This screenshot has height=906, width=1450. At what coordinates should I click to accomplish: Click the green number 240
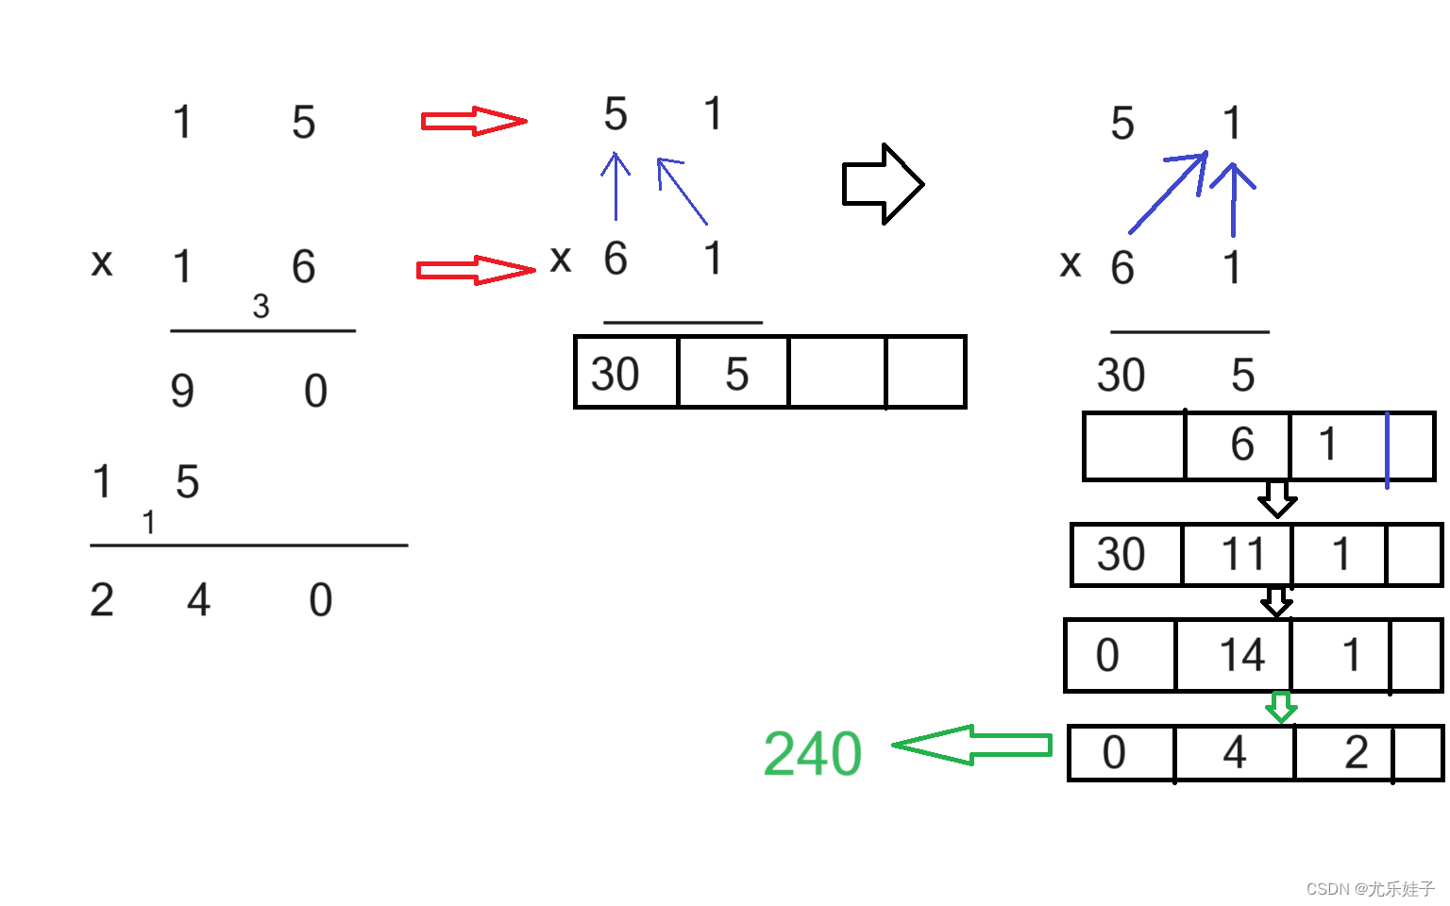pos(812,754)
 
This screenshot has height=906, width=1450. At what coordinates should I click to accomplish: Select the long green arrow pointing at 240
pos(972,746)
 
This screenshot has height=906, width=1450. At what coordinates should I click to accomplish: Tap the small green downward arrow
pos(1280,707)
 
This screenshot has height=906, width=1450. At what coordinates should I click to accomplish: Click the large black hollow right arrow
pos(882,184)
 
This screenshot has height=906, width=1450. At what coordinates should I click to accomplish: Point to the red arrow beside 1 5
pos(473,121)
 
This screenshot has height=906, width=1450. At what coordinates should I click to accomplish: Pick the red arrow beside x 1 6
pos(475,270)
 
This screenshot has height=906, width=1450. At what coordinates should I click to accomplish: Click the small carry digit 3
pos(261,307)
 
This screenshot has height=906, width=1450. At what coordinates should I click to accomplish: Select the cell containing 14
pos(1234,655)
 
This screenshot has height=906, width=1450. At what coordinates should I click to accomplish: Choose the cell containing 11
pos(1237,555)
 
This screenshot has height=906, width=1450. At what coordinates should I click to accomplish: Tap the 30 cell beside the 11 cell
pos(1125,555)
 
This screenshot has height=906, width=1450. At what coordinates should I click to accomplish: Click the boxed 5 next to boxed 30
pos(733,373)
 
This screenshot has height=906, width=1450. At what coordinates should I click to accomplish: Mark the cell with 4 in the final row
pos(1234,753)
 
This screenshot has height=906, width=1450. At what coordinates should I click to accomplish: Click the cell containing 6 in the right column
pos(1238,445)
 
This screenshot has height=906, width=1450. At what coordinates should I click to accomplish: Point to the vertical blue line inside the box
pos(1387,450)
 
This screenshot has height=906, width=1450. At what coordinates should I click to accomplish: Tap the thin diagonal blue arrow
pos(682,191)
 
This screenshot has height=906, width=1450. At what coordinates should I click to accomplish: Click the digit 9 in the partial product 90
pos(182,391)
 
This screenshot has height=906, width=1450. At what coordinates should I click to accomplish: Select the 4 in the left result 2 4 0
pos(198,600)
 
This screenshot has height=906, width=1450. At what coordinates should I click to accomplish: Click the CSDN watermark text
pos(1370,889)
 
